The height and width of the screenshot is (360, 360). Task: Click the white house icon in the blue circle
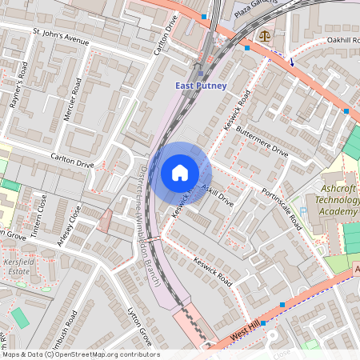(x=180, y=172)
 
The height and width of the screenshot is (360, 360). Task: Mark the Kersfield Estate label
(x=18, y=267)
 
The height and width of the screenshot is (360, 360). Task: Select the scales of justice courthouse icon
(x=264, y=35)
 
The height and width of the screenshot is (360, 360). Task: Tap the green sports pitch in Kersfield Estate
(x=20, y=318)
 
